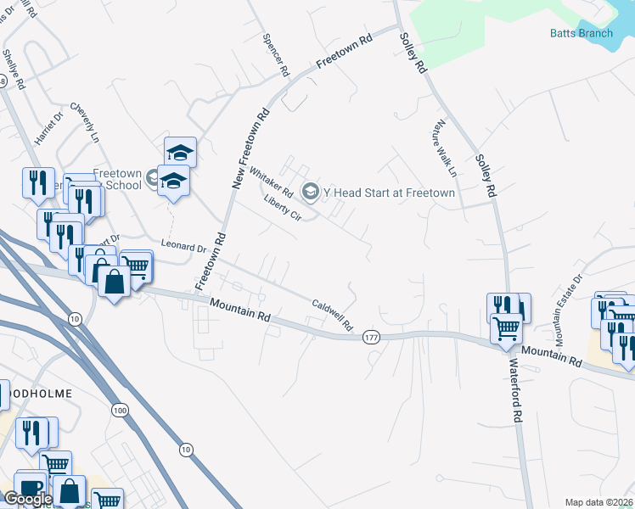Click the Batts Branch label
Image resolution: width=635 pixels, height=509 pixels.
[x=582, y=33]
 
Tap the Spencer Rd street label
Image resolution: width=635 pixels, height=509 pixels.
[x=276, y=54]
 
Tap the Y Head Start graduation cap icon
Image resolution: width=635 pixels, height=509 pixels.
[x=310, y=193]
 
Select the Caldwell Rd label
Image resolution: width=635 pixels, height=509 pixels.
[x=332, y=315]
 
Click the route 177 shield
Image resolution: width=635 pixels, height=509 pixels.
[x=370, y=337]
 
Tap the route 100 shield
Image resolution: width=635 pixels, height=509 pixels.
[x=120, y=410]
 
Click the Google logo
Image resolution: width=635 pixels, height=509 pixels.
[x=27, y=500]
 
